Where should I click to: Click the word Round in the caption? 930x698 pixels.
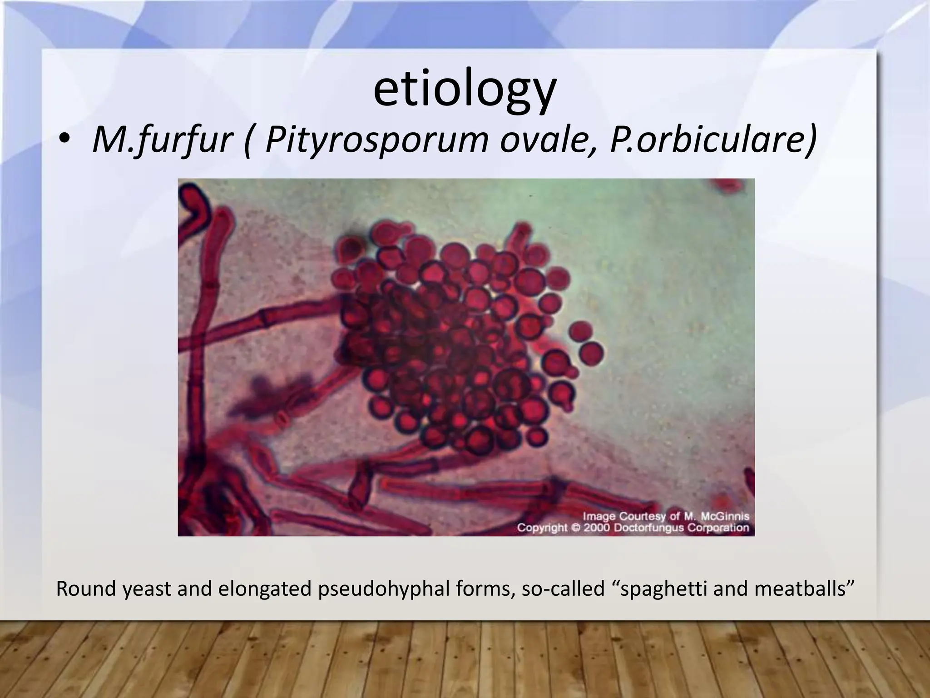point(85,589)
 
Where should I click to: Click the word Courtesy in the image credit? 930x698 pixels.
point(646,517)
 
